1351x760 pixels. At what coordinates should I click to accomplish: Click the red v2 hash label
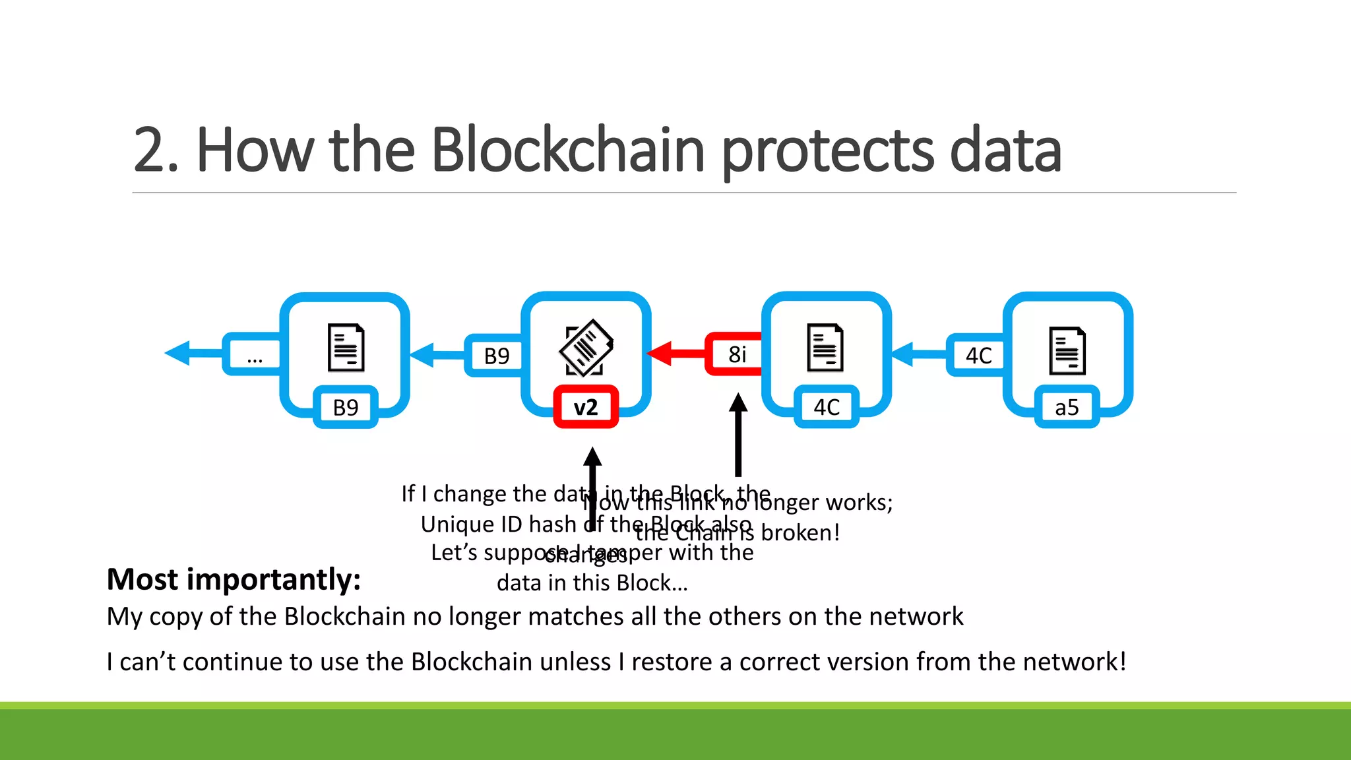tap(586, 407)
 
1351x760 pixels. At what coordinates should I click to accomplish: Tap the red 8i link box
tap(737, 354)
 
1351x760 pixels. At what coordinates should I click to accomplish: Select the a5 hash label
tap(1067, 407)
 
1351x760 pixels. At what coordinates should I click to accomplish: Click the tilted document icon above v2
tap(586, 348)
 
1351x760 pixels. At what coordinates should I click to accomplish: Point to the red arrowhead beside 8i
tap(660, 354)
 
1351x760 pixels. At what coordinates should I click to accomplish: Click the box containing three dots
tap(255, 355)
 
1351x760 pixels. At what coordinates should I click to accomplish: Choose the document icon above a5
tap(1067, 350)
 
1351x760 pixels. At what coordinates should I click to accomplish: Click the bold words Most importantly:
tap(234, 579)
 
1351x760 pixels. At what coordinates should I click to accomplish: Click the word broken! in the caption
tap(800, 532)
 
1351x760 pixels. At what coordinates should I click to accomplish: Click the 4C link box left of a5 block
tap(978, 356)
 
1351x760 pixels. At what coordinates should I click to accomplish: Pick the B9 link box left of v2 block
tap(496, 356)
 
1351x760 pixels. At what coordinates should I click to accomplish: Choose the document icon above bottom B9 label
tap(346, 348)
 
